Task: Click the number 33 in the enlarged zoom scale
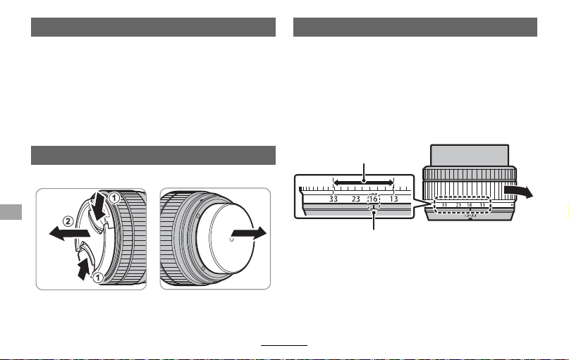(334, 199)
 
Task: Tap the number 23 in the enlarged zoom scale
(355, 199)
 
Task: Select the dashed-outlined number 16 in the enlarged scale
(374, 199)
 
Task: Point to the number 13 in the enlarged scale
(393, 199)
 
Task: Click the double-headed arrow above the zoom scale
(363, 182)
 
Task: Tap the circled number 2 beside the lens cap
(68, 221)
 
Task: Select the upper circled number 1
(114, 198)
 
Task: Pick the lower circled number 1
(97, 278)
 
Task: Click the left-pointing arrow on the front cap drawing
(69, 233)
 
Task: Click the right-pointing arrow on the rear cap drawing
(249, 233)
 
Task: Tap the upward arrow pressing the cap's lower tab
(84, 268)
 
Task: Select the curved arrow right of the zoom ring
(519, 191)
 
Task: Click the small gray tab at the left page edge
(11, 212)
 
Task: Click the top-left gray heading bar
(153, 27)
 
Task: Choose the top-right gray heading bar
(415, 27)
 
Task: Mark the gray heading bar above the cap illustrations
(153, 156)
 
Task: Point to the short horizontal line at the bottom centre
(284, 345)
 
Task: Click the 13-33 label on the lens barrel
(470, 216)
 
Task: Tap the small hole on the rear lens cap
(232, 240)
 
